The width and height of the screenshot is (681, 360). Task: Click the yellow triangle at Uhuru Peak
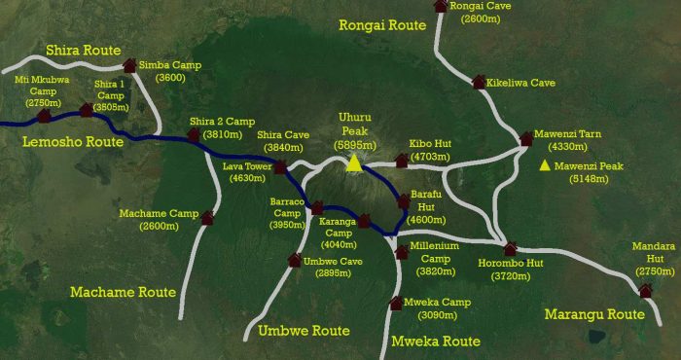click(355, 162)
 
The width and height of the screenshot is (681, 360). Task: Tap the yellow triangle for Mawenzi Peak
click(545, 165)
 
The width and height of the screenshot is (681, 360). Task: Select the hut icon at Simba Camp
click(130, 65)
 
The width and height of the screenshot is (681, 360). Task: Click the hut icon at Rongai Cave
click(441, 6)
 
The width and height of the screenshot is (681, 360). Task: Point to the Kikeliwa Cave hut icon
click(478, 83)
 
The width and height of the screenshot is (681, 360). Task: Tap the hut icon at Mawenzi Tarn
click(526, 139)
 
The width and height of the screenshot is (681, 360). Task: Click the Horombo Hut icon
click(510, 248)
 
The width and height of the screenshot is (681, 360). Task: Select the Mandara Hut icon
click(645, 290)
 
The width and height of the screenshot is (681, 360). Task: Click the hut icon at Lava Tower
click(280, 167)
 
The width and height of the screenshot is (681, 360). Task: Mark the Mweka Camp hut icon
click(396, 303)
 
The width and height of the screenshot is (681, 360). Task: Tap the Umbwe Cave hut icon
click(295, 259)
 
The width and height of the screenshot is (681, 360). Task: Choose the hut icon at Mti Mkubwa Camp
click(43, 116)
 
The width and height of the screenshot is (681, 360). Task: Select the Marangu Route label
click(594, 314)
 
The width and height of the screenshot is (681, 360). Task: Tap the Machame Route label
click(123, 292)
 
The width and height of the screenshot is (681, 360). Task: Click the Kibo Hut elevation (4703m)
click(429, 156)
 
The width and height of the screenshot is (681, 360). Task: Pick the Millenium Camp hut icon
click(402, 253)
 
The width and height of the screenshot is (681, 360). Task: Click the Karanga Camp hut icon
click(364, 221)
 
